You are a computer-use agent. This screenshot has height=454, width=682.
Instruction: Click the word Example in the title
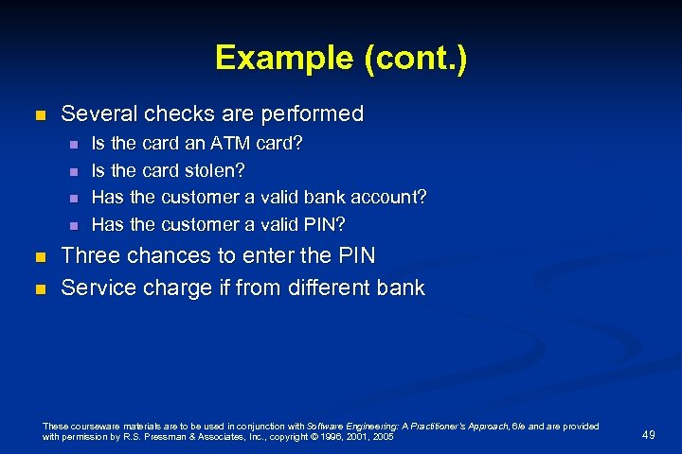click(280, 58)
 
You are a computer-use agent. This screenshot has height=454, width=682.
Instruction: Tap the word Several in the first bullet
click(98, 113)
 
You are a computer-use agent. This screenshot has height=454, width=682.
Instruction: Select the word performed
click(312, 113)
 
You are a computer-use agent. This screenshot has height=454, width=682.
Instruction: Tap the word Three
click(91, 255)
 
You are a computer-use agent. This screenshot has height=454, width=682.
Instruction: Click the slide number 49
click(648, 434)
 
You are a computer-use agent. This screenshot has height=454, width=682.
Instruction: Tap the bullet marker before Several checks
click(39, 115)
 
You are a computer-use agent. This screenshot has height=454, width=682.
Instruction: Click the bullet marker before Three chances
click(39, 257)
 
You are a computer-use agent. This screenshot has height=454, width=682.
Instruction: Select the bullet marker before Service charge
click(39, 288)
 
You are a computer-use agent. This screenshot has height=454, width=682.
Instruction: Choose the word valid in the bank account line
click(271, 198)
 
